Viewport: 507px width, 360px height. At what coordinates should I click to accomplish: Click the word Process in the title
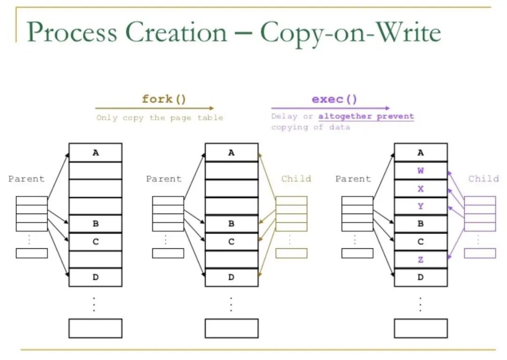(x=72, y=32)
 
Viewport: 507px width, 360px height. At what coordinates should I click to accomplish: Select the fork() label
(x=164, y=99)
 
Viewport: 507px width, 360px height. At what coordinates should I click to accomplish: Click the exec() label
(x=334, y=99)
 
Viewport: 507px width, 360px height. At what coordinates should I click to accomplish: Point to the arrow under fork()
(x=154, y=108)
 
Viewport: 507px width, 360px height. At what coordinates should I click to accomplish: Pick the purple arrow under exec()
(x=330, y=108)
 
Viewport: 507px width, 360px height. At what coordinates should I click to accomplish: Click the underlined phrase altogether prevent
(x=366, y=116)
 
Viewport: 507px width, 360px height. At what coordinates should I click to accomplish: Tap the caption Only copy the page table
(x=160, y=118)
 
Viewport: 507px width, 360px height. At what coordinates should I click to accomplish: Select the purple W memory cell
(x=421, y=171)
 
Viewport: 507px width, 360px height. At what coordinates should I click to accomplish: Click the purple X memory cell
(x=421, y=188)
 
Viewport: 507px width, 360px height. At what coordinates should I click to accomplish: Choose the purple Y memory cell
(x=421, y=206)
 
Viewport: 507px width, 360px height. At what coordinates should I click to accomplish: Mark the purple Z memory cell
(x=421, y=260)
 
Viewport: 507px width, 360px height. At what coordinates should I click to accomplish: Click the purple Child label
(x=484, y=179)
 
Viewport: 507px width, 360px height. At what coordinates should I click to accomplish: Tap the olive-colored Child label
(x=296, y=179)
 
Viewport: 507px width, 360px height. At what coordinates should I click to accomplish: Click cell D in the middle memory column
(x=231, y=277)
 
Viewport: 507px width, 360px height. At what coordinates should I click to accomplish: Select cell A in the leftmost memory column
(x=95, y=153)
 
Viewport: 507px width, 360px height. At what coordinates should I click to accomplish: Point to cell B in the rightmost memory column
(x=421, y=223)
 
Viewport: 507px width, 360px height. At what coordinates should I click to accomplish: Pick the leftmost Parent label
(x=26, y=179)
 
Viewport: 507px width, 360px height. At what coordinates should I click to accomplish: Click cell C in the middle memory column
(x=231, y=242)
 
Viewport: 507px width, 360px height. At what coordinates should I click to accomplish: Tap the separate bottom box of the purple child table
(x=480, y=253)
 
